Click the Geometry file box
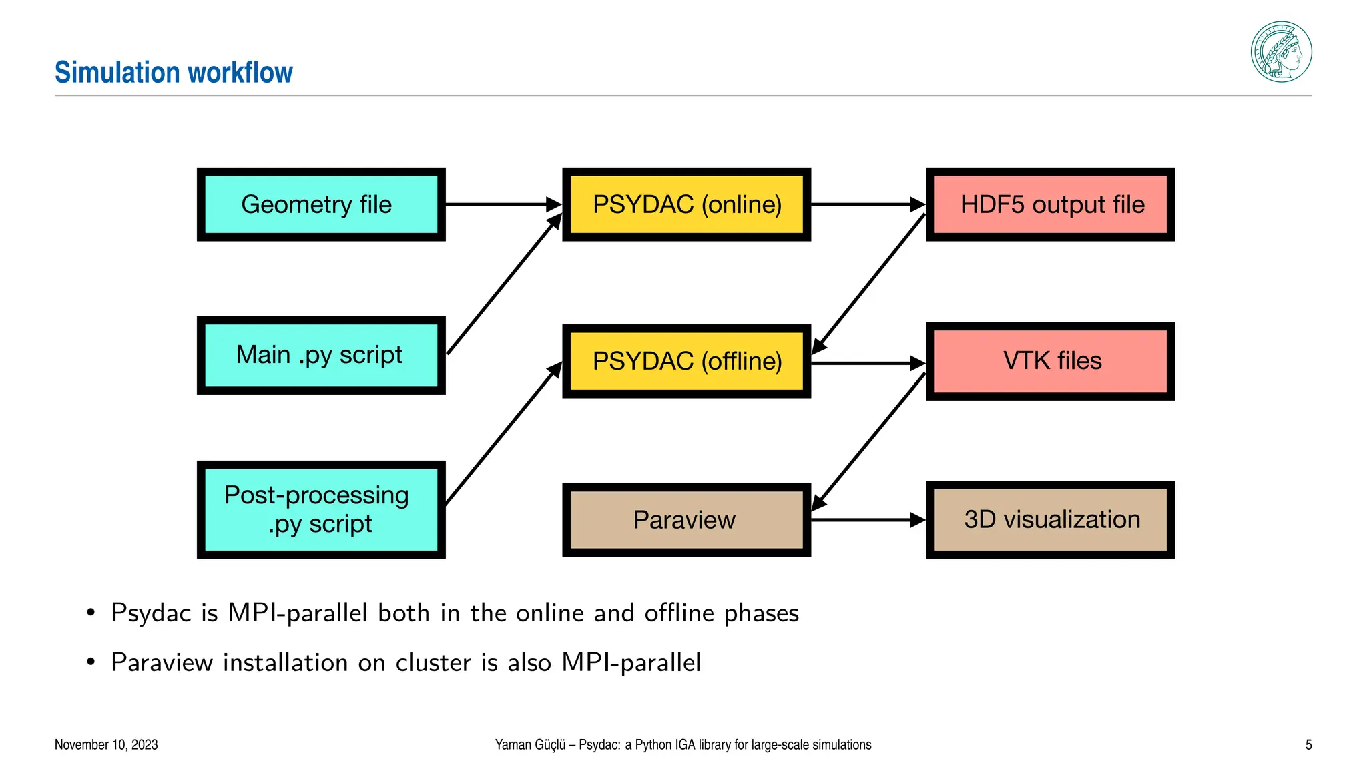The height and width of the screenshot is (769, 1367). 321,204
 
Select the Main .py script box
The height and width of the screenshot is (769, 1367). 321,355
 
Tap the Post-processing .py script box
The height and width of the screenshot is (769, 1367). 321,510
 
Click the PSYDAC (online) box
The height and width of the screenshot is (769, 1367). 686,204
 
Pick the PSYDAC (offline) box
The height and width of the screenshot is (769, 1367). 686,361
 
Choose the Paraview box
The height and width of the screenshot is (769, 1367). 686,520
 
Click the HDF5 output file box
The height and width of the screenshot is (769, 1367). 1050,204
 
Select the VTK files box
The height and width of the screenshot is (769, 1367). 1050,361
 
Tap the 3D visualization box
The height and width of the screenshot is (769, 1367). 1050,520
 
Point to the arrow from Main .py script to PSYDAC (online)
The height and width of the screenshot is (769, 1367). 505,284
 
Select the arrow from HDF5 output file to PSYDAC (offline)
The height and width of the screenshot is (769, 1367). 868,284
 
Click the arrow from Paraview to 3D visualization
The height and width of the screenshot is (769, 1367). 868,520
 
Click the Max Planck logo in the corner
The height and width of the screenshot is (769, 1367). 1281,52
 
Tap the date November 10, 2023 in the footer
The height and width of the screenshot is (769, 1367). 106,744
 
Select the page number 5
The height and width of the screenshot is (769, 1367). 1308,744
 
